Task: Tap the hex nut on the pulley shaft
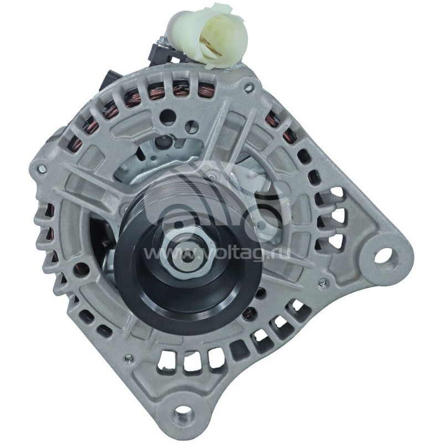tap(187, 255)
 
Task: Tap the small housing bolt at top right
tap(248, 87)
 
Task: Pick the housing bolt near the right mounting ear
tap(322, 282)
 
